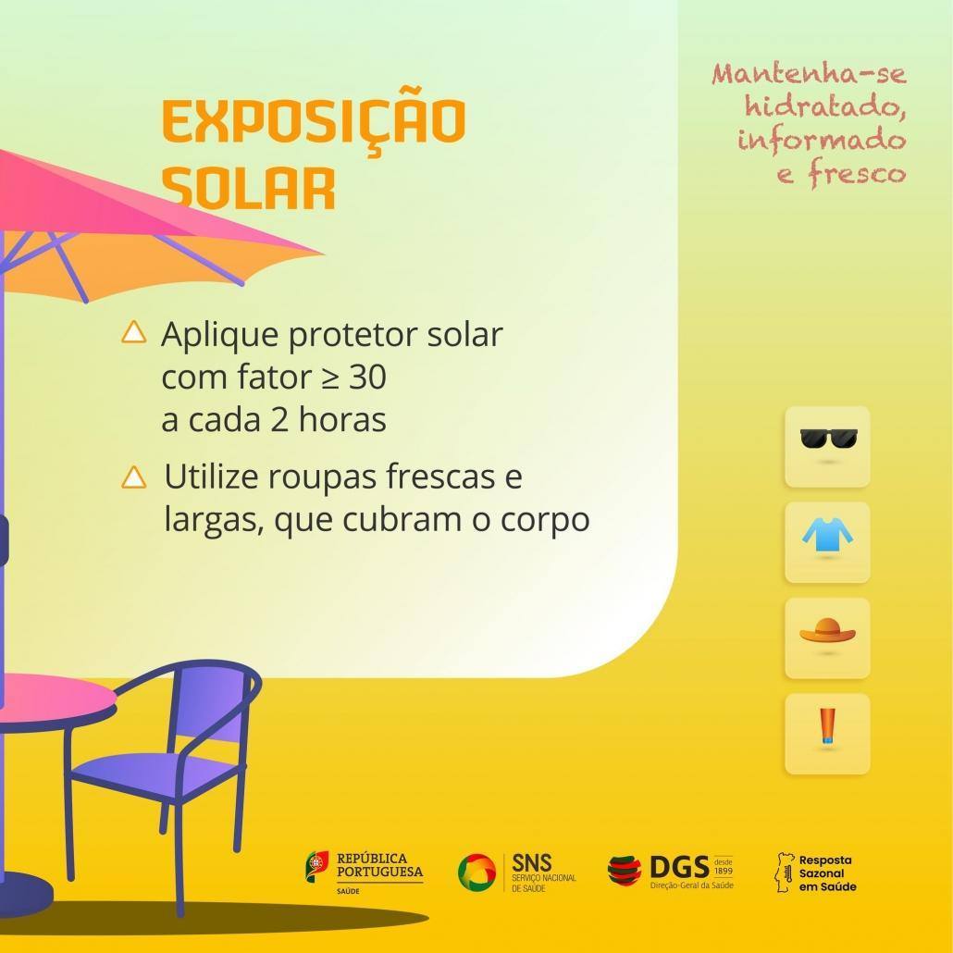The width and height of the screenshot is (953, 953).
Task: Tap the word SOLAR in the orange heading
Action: point(249,188)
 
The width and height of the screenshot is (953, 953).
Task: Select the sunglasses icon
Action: point(828,439)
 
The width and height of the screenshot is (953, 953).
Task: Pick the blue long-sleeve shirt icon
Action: point(827,535)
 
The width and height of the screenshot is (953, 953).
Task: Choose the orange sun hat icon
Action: point(827,630)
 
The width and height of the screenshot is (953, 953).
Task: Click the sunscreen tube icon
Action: point(827,726)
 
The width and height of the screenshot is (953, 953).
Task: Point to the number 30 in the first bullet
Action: point(367,377)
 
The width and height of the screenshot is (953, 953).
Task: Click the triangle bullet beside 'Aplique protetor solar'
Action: point(134,332)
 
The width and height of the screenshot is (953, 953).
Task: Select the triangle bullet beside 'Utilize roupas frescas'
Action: point(134,477)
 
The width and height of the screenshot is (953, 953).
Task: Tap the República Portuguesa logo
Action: point(364,873)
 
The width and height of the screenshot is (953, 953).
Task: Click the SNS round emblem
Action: point(477,873)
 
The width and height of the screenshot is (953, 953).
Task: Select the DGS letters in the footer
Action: point(679,867)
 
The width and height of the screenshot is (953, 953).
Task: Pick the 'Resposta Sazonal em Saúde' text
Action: point(827,873)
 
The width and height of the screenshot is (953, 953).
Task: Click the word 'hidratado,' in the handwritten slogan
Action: point(825,107)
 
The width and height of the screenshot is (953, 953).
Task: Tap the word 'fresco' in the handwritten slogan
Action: point(857,174)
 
